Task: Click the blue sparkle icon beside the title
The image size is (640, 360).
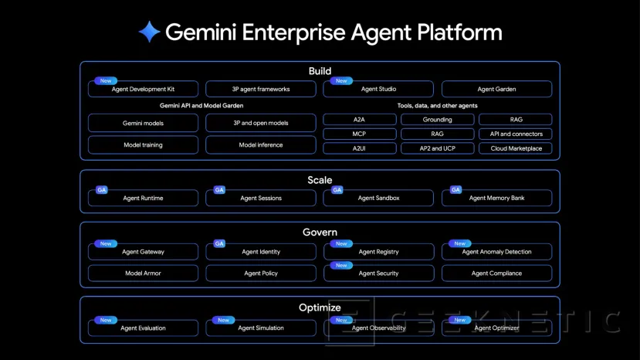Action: tap(149, 32)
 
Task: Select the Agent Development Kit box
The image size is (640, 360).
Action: tap(143, 90)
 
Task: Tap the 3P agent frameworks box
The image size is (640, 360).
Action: tap(261, 90)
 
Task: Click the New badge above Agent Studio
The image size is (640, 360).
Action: tap(340, 80)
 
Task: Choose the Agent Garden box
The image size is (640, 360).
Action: tap(496, 90)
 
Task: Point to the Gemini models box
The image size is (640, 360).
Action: tap(143, 123)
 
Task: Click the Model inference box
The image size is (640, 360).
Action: tap(261, 144)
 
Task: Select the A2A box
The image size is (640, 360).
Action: tap(359, 120)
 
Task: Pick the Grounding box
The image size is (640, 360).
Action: tap(437, 120)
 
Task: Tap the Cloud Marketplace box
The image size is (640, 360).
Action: tap(516, 148)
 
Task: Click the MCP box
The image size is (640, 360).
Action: tap(359, 134)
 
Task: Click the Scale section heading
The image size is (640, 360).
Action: tap(320, 180)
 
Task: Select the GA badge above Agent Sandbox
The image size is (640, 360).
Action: tap(337, 189)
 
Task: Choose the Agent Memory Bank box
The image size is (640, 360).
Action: tap(496, 199)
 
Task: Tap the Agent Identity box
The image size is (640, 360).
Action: tap(261, 252)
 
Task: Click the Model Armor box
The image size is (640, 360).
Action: tap(143, 273)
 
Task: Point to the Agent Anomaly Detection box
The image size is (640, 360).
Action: tap(496, 252)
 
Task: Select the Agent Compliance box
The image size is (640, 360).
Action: tap(496, 273)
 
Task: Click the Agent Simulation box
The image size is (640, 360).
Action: tap(261, 328)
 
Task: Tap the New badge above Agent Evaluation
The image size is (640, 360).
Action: tap(106, 320)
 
